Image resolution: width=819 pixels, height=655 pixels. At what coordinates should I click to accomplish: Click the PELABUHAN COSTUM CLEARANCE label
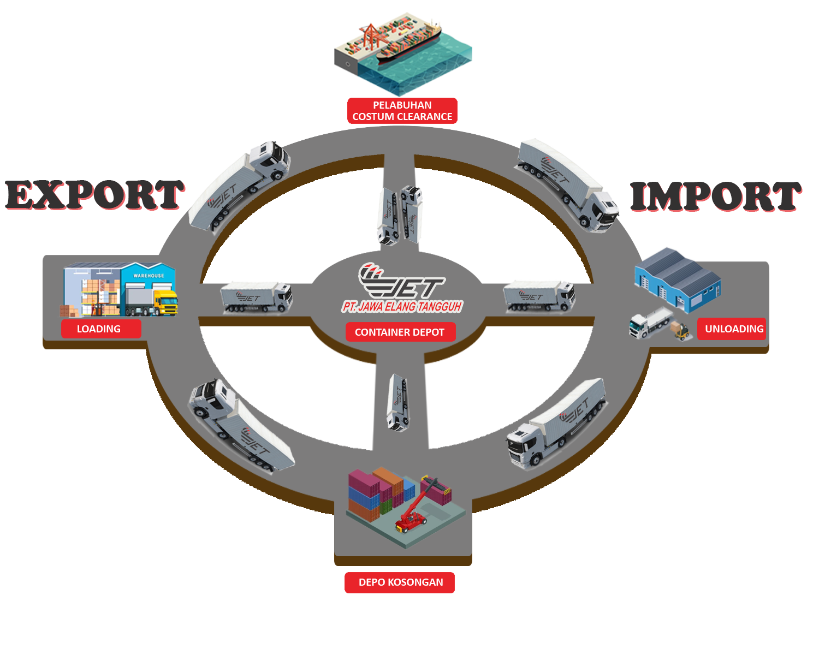402,111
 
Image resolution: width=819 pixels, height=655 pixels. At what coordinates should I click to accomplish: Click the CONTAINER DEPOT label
400,332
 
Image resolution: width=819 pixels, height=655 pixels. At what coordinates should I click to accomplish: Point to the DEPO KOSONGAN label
400,582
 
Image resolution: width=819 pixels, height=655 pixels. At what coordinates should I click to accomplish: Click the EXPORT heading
94,195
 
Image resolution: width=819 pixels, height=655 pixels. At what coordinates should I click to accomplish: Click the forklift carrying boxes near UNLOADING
680,331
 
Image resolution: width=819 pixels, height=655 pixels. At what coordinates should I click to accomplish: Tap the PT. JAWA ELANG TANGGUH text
402,307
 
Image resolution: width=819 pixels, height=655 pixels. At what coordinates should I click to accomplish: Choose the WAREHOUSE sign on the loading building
149,276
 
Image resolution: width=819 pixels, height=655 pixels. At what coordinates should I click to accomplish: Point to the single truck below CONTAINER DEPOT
397,402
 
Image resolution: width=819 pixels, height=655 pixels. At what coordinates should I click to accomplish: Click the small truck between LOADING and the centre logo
256,297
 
